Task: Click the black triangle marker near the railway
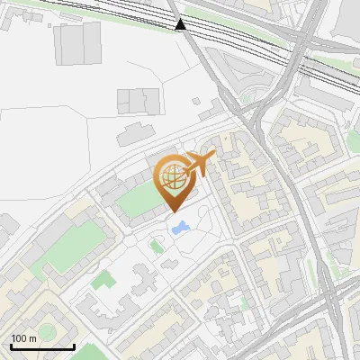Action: coord(182,24)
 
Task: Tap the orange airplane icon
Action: coord(200,164)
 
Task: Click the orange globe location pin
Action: coord(173,177)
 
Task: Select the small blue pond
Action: coord(180,228)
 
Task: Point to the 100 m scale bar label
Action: coord(23,338)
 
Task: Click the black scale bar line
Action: coord(42,346)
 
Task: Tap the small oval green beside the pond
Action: coord(155,246)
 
